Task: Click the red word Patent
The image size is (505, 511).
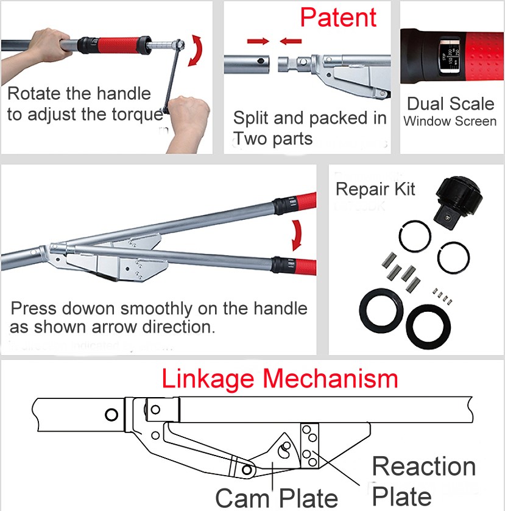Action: pos(339,18)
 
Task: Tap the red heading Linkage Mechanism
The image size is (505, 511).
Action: pos(280,379)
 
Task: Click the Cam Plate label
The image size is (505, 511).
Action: pos(276,498)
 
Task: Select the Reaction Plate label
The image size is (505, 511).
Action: pos(424,481)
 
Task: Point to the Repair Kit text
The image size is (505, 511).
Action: pos(375,189)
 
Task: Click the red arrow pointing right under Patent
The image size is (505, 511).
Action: pos(258,42)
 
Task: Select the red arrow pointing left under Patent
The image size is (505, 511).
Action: pos(291,42)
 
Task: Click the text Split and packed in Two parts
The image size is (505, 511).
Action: pos(310,127)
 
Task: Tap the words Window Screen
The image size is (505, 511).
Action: pos(450,121)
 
